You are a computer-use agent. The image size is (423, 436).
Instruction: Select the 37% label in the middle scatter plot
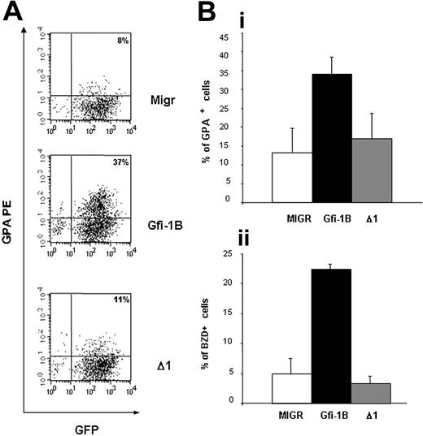click(121, 162)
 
